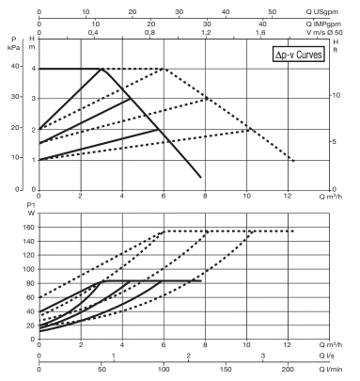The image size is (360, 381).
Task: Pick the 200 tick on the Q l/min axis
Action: [x=287, y=370]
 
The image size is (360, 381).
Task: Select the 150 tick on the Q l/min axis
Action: [x=225, y=370]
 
